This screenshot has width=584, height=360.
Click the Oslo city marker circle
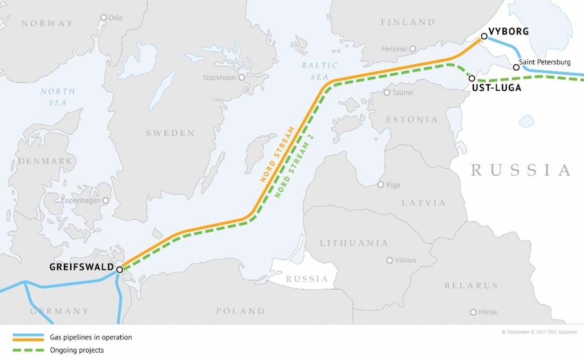coord(104,17)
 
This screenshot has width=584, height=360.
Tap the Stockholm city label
coord(220,78)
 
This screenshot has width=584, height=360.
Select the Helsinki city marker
coord(413,48)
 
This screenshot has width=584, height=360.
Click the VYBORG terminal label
coord(509,31)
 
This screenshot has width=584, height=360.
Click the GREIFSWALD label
coord(82,266)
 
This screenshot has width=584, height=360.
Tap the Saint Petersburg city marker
coord(516,67)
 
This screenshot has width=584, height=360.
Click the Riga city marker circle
coord(381,184)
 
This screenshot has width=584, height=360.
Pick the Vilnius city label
coord(405,260)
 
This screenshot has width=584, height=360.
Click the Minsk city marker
coord(473,312)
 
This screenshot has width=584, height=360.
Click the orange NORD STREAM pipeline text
coord(278,154)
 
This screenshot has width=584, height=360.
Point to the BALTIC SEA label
coord(319,71)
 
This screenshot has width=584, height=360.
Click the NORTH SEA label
coord(57,97)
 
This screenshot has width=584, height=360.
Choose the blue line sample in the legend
coord(28,337)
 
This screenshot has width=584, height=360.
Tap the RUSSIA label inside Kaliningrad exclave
coord(307,280)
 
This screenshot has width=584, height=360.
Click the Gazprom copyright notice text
coord(539,332)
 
